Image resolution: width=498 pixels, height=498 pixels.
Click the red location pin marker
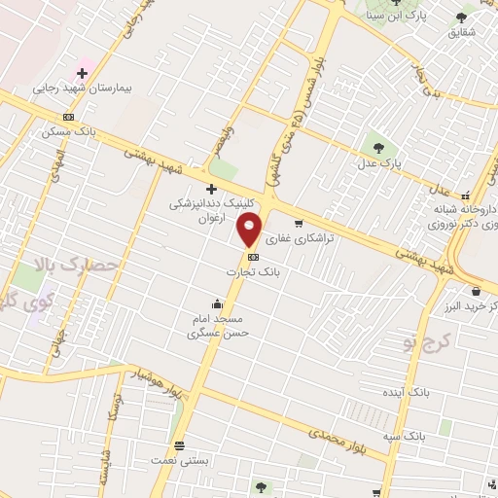tap(250, 231)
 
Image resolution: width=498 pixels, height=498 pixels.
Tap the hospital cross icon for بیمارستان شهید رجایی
tap(83, 72)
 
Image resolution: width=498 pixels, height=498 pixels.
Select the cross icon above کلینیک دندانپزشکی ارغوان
tap(211, 188)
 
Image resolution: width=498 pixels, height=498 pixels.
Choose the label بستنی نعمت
tap(178, 461)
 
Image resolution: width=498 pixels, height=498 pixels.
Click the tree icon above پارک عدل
tap(378, 148)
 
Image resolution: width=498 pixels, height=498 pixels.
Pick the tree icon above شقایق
tap(461, 18)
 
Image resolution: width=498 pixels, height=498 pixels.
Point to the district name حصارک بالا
tap(74, 264)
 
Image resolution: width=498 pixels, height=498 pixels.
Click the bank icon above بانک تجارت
tap(253, 257)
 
